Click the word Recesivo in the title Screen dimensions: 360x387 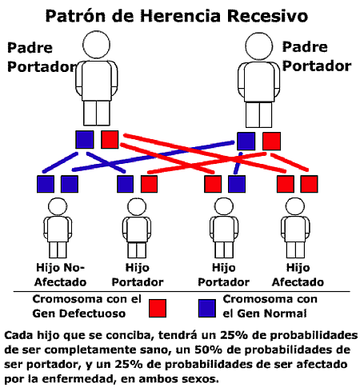(x=267, y=16)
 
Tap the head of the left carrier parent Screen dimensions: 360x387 (x=96, y=45)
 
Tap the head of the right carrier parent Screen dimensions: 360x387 (x=258, y=46)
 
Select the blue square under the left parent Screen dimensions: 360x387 (x=85, y=139)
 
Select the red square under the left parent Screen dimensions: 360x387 (x=110, y=139)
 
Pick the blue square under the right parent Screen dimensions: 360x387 (x=246, y=141)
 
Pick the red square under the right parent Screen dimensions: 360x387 (x=271, y=141)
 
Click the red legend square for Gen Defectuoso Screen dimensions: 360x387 (x=158, y=308)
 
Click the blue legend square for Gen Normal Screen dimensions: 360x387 (x=207, y=308)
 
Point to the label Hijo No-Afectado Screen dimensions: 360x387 (x=60, y=275)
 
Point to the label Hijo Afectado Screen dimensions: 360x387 (x=298, y=275)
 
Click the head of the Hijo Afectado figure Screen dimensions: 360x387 (x=295, y=206)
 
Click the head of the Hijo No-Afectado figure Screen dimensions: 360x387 (x=58, y=206)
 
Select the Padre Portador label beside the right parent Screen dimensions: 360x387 (x=317, y=57)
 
